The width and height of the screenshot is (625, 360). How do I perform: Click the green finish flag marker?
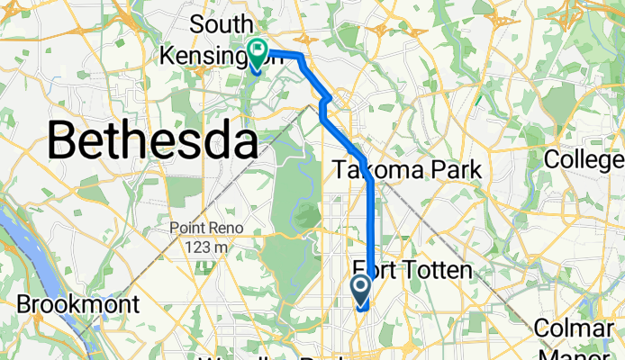[x=257, y=52]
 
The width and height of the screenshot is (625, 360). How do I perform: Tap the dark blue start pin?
[x=361, y=290]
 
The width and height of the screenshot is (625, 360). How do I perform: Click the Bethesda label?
[x=148, y=140]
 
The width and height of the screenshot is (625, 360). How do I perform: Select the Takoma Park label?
[x=407, y=169]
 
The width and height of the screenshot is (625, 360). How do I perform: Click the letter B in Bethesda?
[x=65, y=140]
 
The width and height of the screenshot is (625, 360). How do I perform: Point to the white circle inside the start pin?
[x=361, y=287]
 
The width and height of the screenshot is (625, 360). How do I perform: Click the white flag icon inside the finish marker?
[x=257, y=49]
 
